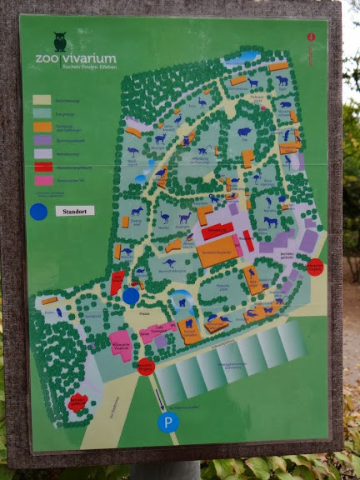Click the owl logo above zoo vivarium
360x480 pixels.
coord(59,42)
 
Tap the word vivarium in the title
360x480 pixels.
coord(88,59)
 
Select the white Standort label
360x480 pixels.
coord(74,211)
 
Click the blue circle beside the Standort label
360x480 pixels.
coord(38,212)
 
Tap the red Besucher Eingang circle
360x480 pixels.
coord(146,367)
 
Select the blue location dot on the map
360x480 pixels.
coord(131,295)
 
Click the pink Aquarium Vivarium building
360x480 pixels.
coord(120,344)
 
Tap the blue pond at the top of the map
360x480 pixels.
coord(247,57)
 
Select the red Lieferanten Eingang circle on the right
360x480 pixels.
coord(314,267)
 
